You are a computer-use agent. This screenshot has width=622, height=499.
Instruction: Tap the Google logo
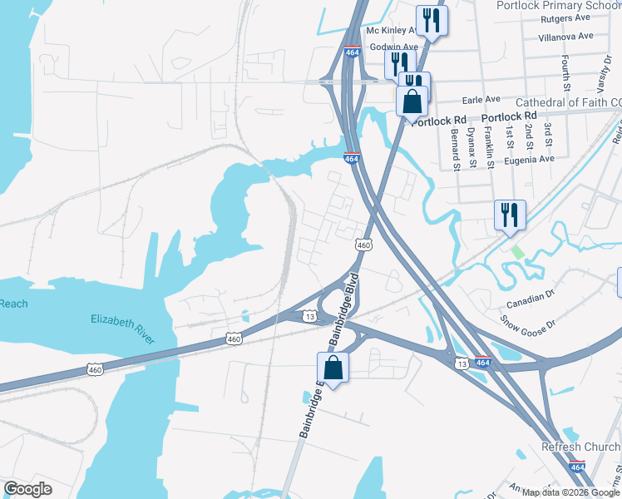click(x=27, y=489)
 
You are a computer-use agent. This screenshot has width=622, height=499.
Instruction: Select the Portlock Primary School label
click(x=558, y=6)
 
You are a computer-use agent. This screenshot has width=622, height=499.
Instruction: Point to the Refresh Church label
click(x=580, y=447)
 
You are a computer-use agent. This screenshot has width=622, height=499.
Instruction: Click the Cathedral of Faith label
click(x=569, y=102)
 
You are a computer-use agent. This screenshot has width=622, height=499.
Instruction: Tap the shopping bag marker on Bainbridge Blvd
click(x=333, y=368)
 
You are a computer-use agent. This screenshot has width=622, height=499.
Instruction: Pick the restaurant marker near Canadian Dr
click(x=509, y=215)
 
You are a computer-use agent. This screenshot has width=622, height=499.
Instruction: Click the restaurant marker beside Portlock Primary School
click(x=432, y=21)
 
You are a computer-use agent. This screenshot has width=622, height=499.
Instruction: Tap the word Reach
click(x=13, y=304)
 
